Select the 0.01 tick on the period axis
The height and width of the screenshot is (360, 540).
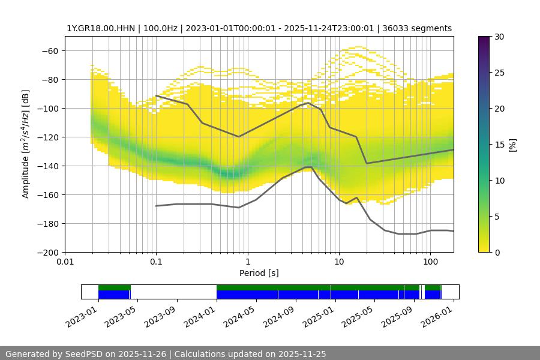(x=65, y=261)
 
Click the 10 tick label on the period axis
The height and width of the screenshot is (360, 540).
(x=338, y=261)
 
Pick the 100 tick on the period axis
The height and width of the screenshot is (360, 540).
(x=430, y=261)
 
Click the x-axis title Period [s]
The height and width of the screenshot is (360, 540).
(x=259, y=273)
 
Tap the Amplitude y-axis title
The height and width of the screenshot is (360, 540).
(x=25, y=144)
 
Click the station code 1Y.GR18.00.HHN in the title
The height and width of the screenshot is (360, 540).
(x=97, y=28)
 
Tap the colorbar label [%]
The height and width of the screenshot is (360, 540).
(x=512, y=145)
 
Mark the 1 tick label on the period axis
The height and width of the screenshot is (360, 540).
(x=247, y=261)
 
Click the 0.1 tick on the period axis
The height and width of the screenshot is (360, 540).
(x=156, y=261)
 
